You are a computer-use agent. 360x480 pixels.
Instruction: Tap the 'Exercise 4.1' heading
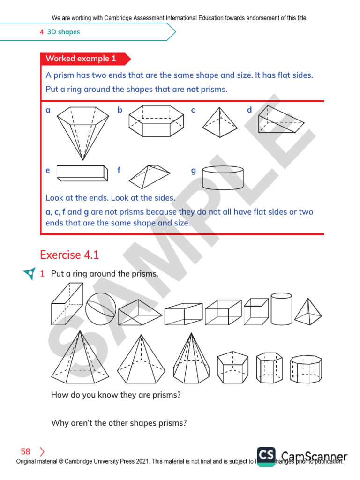tap(69, 255)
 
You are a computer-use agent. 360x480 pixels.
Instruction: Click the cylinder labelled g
tap(223, 177)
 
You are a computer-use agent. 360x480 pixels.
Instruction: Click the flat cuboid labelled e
tap(81, 172)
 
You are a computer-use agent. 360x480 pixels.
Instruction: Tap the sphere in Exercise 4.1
tap(100, 308)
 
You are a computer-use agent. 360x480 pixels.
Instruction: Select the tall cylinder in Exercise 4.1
tap(281, 309)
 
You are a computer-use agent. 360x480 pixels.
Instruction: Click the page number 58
tap(25, 452)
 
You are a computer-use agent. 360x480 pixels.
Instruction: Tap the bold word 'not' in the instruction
tap(193, 90)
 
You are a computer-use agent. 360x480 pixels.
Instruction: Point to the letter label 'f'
tap(119, 171)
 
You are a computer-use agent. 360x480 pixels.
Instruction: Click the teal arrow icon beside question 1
tap(29, 274)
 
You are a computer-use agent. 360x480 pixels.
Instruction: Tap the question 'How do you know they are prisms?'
tap(116, 395)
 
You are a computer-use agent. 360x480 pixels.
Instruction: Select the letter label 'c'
tap(193, 110)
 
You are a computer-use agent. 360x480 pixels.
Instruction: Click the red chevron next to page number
tap(42, 452)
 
